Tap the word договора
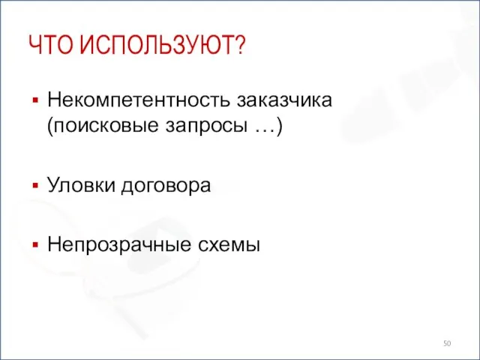click(x=163, y=185)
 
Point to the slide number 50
click(x=448, y=342)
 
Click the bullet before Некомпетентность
click(x=34, y=99)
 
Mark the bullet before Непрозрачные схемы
click(x=34, y=244)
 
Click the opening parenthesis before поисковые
click(x=49, y=127)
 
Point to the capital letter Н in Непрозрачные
click(x=53, y=243)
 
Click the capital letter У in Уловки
click(x=52, y=185)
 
